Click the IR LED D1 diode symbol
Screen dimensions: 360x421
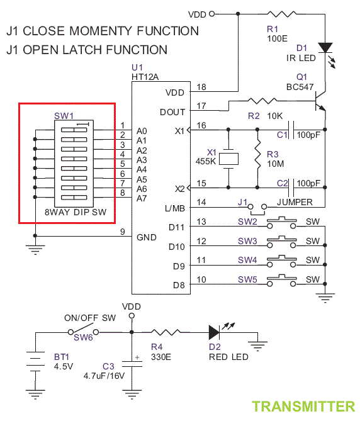pyautogui.click(x=325, y=48)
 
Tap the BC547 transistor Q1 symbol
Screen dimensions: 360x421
pyautogui.click(x=320, y=101)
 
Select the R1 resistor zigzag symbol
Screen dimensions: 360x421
pyautogui.click(x=282, y=14)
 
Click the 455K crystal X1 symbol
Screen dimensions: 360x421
pyautogui.click(x=228, y=159)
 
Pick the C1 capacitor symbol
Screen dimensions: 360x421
pyautogui.click(x=291, y=130)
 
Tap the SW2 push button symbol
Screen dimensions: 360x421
pyautogui.click(x=281, y=223)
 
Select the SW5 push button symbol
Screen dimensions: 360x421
pyautogui.click(x=281, y=281)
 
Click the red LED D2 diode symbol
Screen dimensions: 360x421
pyautogui.click(x=214, y=332)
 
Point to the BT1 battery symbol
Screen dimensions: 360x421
pyautogui.click(x=35, y=361)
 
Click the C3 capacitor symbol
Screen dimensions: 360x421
pyautogui.click(x=132, y=364)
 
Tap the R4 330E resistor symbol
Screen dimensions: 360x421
pyautogui.click(x=166, y=332)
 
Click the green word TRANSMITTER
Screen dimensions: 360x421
pyautogui.click(x=303, y=407)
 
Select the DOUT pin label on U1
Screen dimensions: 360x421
pyautogui.click(x=172, y=112)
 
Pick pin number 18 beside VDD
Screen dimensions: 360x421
pyautogui.click(x=201, y=87)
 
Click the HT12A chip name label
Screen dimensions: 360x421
pyautogui.click(x=145, y=77)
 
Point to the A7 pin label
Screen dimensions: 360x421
pyautogui.click(x=142, y=198)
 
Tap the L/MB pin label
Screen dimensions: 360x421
pyautogui.click(x=175, y=208)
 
